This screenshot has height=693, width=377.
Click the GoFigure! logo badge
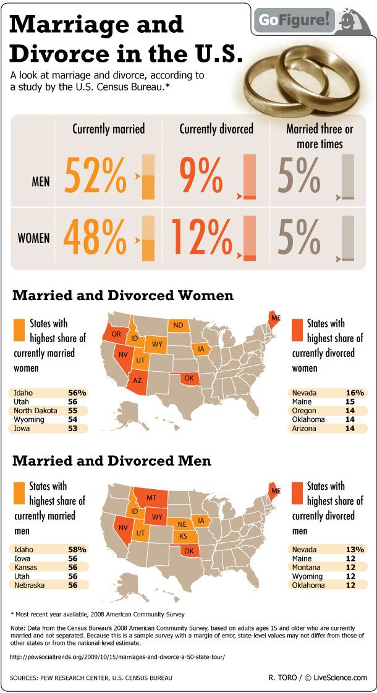311,20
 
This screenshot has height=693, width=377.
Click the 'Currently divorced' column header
216,129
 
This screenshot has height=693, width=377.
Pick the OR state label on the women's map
116,334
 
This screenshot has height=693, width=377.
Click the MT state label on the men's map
151,497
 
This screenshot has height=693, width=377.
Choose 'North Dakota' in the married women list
35,411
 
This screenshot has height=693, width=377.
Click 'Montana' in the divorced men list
307,566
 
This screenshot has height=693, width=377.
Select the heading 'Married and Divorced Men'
112,461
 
